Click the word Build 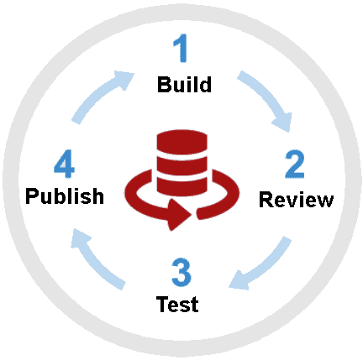pyautogui.click(x=183, y=85)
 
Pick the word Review pyautogui.click(x=296, y=200)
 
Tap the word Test pyautogui.click(x=177, y=303)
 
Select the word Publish pyautogui.click(x=65, y=196)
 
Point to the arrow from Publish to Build pyautogui.click(x=99, y=98)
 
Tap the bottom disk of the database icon pyautogui.click(x=181, y=185)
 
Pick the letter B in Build pyautogui.click(x=163, y=85)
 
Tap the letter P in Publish pyautogui.click(x=32, y=196)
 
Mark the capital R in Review pyautogui.click(x=266, y=200)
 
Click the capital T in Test pyautogui.click(x=162, y=303)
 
